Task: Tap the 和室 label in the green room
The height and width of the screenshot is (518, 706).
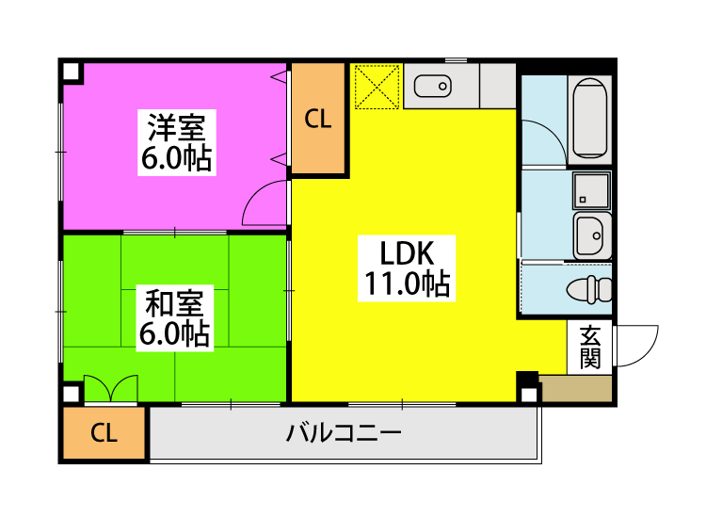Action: coord(175,303)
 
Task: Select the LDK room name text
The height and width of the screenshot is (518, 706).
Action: coord(406,252)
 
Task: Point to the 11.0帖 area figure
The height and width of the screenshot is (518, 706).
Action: coord(406,283)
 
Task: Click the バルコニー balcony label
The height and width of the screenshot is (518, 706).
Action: coord(344,434)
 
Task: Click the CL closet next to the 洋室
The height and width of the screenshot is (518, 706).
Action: coord(318,119)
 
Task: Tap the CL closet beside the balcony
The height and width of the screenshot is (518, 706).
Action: coord(104,434)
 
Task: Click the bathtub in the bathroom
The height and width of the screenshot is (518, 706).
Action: coord(590,119)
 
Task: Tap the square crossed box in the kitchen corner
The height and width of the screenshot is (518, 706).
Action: coord(377,87)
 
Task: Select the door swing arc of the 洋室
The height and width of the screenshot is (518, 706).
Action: coord(264,203)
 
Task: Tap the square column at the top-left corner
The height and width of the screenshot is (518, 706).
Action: coord(71,71)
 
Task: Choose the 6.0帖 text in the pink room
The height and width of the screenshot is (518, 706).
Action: coord(177,157)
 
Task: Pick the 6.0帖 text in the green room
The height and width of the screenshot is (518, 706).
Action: coord(175,333)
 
